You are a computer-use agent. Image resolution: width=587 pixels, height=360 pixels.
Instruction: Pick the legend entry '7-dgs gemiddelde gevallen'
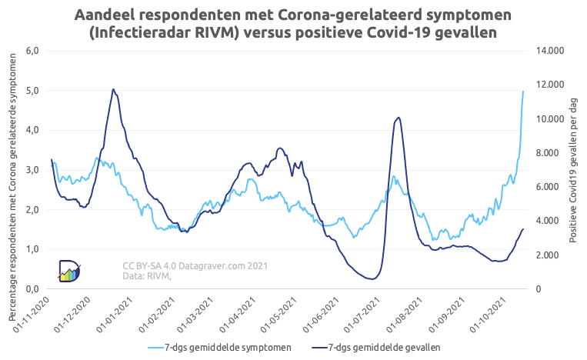point(384,348)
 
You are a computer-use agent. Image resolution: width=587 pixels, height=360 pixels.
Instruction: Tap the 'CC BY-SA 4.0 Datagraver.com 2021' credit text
point(195,266)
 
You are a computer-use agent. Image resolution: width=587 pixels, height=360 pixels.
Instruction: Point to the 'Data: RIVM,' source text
point(147,276)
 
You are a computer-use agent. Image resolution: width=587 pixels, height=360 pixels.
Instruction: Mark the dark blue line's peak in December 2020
point(113,89)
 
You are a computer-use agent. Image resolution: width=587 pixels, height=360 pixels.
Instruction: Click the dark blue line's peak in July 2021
point(398,118)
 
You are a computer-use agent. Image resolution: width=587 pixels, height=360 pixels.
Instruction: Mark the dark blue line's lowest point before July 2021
point(372,279)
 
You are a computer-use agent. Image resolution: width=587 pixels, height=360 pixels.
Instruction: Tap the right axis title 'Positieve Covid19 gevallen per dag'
point(572,169)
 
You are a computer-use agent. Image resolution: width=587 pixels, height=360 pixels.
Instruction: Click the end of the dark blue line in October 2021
point(523,229)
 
